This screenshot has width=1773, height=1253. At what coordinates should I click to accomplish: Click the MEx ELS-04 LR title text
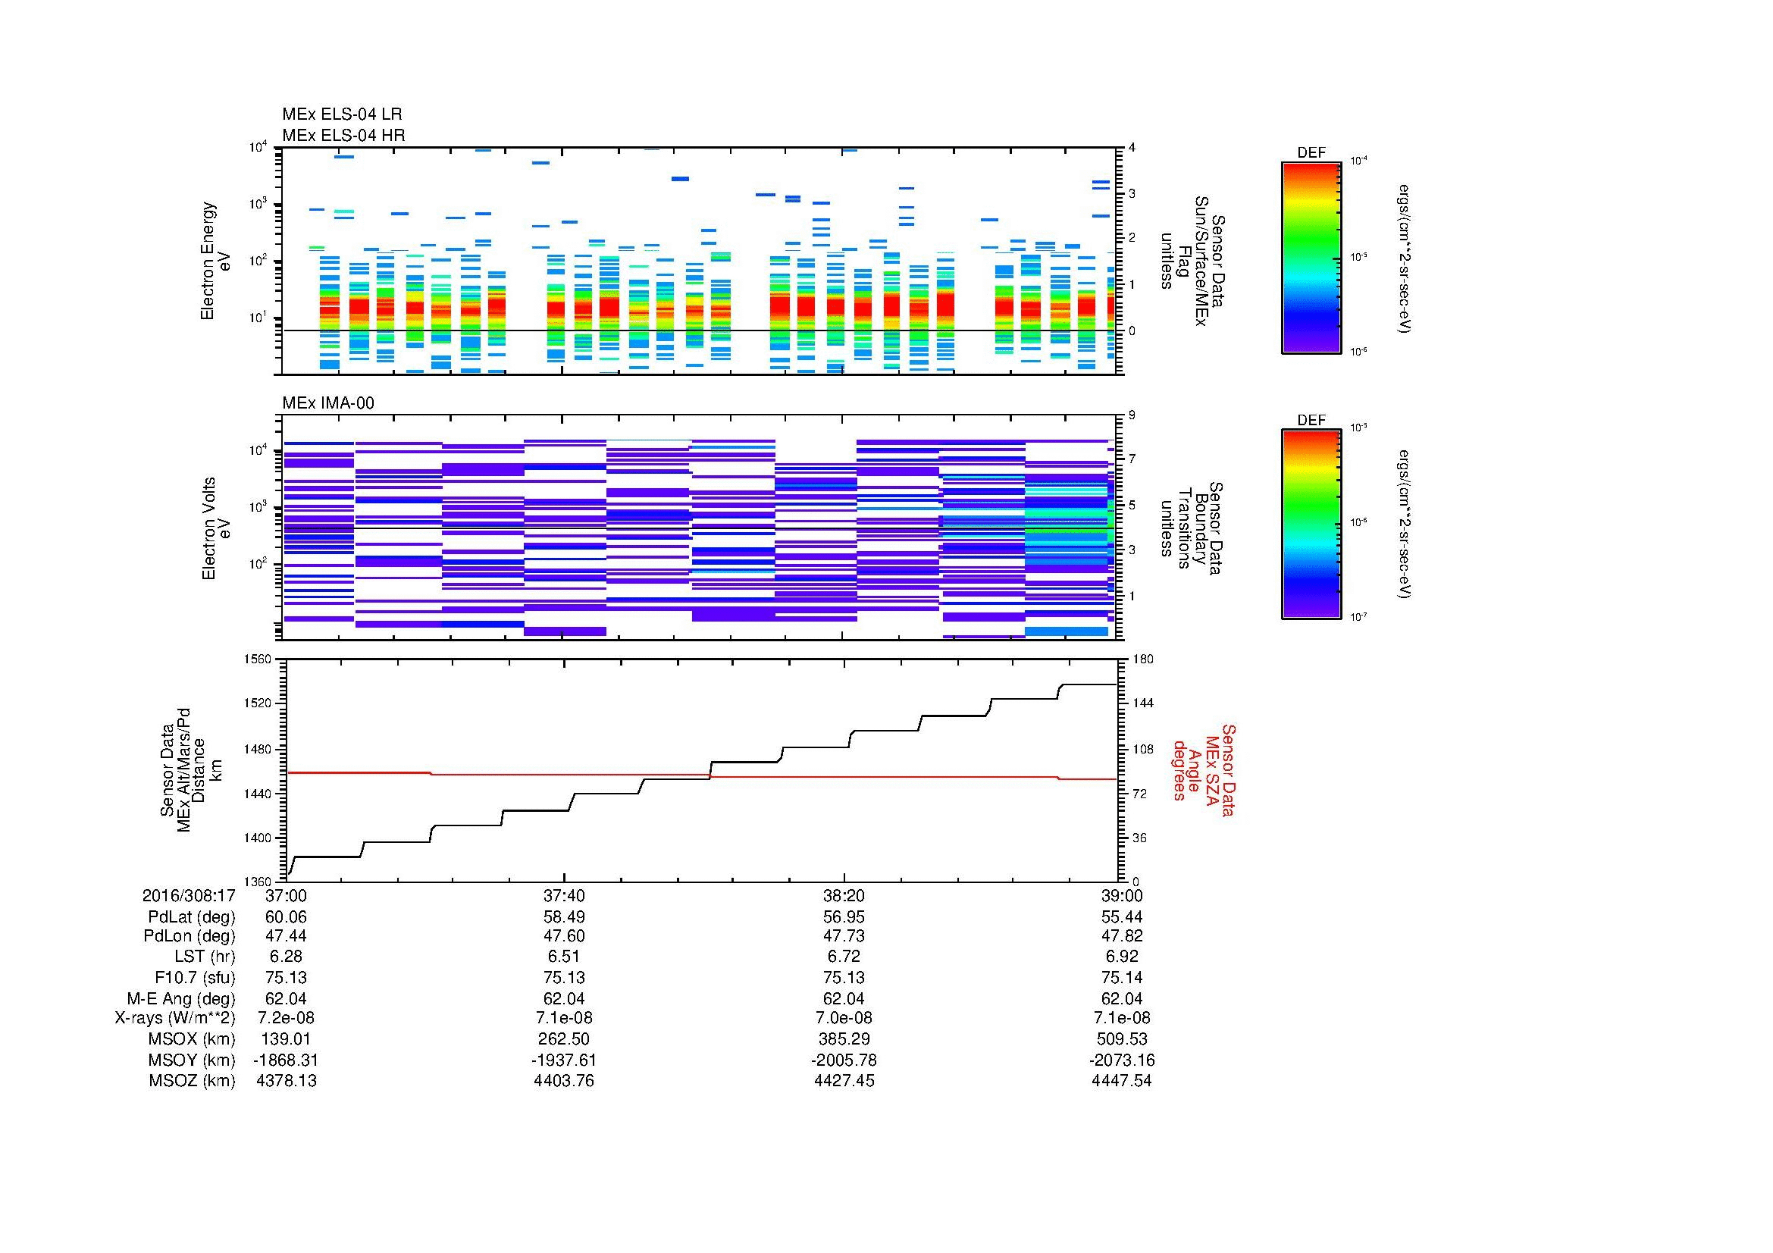click(x=342, y=114)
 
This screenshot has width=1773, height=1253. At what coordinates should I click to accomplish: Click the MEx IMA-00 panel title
click(x=328, y=403)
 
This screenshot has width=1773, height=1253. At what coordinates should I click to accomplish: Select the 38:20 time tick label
click(x=843, y=895)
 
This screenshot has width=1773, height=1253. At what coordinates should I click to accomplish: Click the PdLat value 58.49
click(x=564, y=916)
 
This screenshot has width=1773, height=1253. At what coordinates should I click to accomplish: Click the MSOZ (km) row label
click(x=192, y=1081)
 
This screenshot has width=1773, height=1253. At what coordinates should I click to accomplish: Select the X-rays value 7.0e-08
click(x=843, y=1018)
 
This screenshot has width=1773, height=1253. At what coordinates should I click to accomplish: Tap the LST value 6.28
click(x=286, y=957)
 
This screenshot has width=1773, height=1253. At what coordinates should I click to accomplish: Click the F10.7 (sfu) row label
click(x=195, y=977)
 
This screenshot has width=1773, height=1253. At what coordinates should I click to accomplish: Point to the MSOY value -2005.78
click(x=843, y=1060)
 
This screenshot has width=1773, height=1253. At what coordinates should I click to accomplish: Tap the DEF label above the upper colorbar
click(x=1311, y=154)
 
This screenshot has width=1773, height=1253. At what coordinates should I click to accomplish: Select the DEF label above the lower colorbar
click(x=1311, y=421)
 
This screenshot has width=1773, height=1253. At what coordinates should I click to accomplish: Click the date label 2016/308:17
click(x=189, y=895)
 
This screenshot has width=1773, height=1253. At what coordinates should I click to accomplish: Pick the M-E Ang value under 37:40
click(x=564, y=998)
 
